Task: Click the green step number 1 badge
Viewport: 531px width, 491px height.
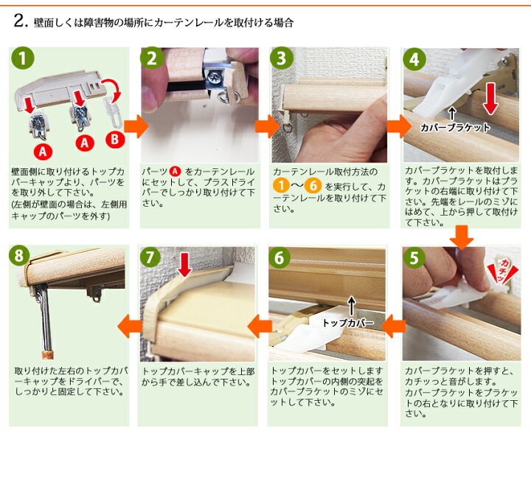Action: pyautogui.click(x=23, y=58)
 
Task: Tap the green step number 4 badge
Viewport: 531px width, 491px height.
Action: pyautogui.click(x=414, y=59)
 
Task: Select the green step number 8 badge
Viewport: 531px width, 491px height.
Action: pyautogui.click(x=19, y=256)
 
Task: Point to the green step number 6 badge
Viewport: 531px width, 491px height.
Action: pyautogui.click(x=279, y=258)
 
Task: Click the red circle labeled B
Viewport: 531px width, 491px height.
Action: pyautogui.click(x=115, y=140)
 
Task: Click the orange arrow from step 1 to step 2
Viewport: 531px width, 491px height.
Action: pyautogui.click(x=136, y=126)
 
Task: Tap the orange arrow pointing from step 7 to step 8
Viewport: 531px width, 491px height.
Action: pyautogui.click(x=130, y=326)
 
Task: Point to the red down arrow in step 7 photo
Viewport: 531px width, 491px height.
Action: pyautogui.click(x=184, y=264)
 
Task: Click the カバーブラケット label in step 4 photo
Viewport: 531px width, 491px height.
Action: pyautogui.click(x=455, y=128)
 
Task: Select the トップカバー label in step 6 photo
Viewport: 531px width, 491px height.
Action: pyautogui.click(x=348, y=323)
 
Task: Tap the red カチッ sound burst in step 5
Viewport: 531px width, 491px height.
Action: pyautogui.click(x=502, y=270)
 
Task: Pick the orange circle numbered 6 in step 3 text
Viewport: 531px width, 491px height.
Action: pyautogui.click(x=313, y=185)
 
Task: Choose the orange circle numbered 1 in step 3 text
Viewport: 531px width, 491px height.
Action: pyautogui.click(x=281, y=185)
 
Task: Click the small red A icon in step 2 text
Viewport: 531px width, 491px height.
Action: pyautogui.click(x=175, y=171)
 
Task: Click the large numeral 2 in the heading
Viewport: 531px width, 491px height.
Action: pyautogui.click(x=19, y=21)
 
